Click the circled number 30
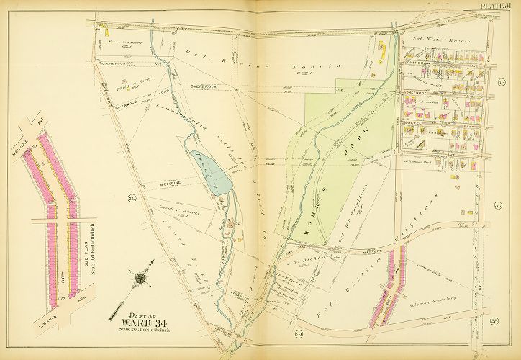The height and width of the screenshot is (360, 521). click(132, 197)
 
